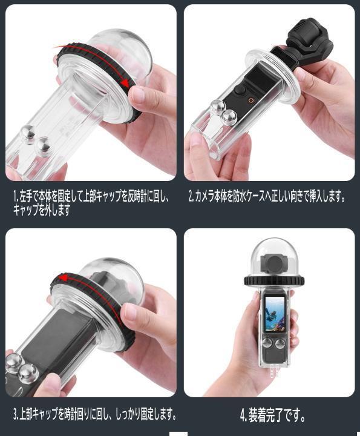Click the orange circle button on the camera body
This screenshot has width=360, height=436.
point(251,101)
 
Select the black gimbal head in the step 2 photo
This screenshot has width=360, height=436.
point(309,42)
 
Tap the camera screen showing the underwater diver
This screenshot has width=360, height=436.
point(275,314)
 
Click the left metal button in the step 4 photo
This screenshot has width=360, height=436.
point(267,343)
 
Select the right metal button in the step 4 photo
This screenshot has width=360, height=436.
point(280,345)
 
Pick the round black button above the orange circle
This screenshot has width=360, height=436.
point(240,90)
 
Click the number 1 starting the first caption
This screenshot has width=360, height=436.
point(15,197)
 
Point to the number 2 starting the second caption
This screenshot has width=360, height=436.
point(191,197)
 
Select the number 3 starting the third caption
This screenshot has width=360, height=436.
point(15,414)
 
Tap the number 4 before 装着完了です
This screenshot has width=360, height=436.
point(243,415)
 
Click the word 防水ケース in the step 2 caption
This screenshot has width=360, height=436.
point(252,197)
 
